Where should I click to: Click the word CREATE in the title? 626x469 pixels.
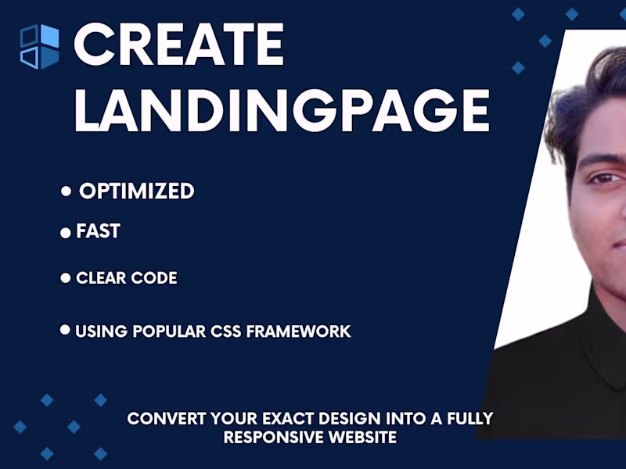pos(178,45)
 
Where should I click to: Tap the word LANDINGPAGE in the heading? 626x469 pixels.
pos(282,110)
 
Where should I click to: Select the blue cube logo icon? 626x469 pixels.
pos(39,47)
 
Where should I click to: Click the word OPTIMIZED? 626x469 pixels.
pos(137,191)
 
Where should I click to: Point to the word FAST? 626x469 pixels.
pos(98,231)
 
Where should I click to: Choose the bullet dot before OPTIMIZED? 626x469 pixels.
pos(67,192)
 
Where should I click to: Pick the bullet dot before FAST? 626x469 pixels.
pos(66,233)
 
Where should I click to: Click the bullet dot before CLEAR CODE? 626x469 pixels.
pos(66,277)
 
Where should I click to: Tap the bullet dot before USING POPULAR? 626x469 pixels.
pos(66,330)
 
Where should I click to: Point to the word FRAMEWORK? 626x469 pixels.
pos(299,331)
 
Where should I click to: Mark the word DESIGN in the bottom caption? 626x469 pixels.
pos(334,419)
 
